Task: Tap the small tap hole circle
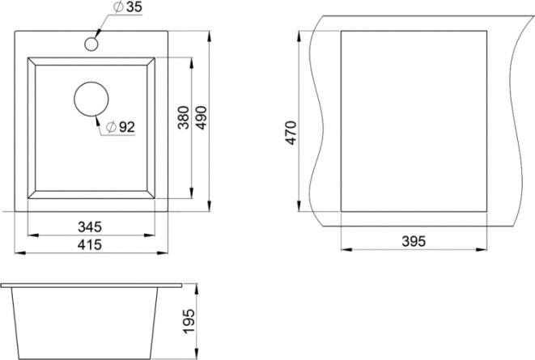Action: point(91,44)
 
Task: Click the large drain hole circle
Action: point(91,100)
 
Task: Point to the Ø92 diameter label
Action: point(121,127)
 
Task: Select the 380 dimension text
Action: point(183,117)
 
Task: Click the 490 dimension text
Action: point(202,117)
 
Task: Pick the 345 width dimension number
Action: point(90,227)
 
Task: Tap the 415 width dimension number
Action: point(90,244)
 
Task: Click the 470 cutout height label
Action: point(291,133)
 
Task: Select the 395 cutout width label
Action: point(414,241)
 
